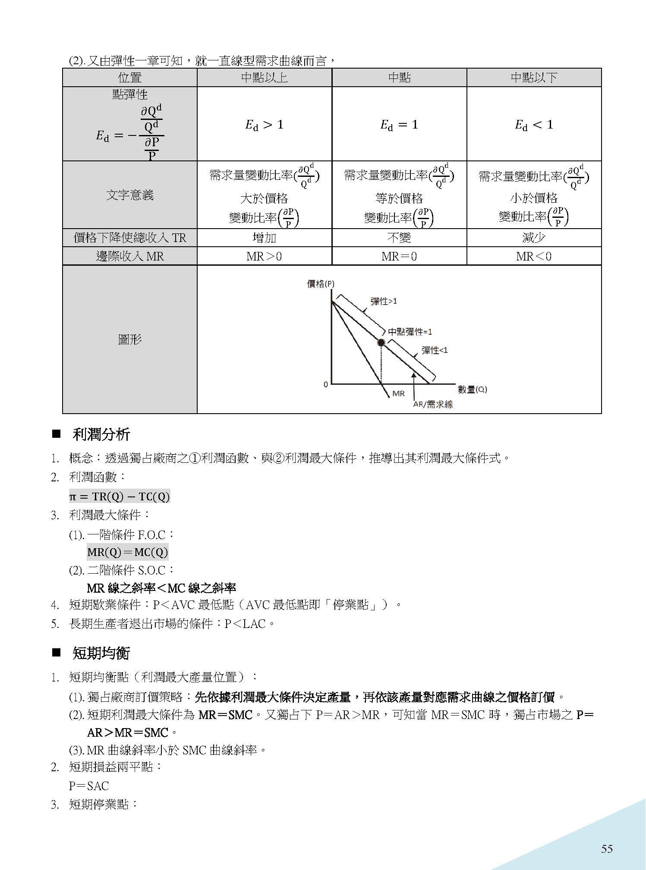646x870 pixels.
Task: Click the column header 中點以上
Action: pos(264,78)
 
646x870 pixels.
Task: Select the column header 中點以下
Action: pos(534,78)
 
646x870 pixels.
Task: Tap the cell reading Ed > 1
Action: pos(264,125)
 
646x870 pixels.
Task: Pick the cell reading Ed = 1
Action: pos(399,125)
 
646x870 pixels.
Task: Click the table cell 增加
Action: pos(264,238)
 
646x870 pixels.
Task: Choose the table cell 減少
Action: pos(534,238)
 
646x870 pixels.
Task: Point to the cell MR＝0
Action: pos(399,256)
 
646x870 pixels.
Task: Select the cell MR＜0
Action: pos(534,256)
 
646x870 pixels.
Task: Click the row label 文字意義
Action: pos(130,195)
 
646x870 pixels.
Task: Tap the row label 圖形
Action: pos(130,339)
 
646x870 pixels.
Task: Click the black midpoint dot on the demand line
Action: pos(381,342)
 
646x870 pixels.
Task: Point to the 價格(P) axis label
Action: pos(320,284)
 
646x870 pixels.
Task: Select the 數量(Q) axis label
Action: pos(472,389)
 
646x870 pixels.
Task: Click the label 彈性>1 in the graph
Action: pos(383,301)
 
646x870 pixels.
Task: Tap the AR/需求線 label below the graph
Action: pos(433,405)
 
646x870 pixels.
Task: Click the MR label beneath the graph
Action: pos(398,393)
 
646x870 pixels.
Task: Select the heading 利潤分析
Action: pos(101,434)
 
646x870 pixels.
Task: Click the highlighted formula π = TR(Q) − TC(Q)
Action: pos(120,496)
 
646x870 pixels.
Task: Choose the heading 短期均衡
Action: pos(101,653)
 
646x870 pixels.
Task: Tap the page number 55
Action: pos(607,849)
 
